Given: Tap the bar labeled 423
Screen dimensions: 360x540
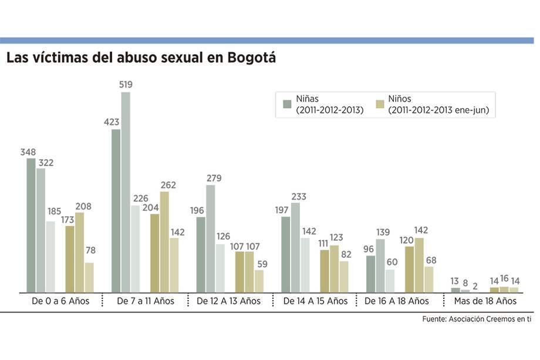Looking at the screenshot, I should [116, 211].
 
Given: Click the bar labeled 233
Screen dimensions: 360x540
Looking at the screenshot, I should [295, 247].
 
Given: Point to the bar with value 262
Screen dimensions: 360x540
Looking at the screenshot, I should [164, 242].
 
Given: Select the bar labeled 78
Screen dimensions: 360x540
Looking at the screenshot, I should [89, 277].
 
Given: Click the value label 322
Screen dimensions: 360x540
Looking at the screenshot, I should [45, 163].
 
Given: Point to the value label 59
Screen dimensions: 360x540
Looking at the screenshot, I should [259, 264].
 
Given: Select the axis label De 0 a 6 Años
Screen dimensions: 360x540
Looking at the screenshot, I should [60, 301].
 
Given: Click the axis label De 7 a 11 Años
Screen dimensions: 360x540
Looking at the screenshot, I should [146, 301].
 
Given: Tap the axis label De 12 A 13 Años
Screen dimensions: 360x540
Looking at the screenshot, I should [228, 301].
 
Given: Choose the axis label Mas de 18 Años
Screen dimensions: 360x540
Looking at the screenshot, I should [485, 301].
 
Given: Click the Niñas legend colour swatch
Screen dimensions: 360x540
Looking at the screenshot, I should [287, 105].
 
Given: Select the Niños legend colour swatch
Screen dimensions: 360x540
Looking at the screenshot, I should [380, 105].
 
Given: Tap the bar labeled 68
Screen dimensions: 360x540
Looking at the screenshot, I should [429, 280].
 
